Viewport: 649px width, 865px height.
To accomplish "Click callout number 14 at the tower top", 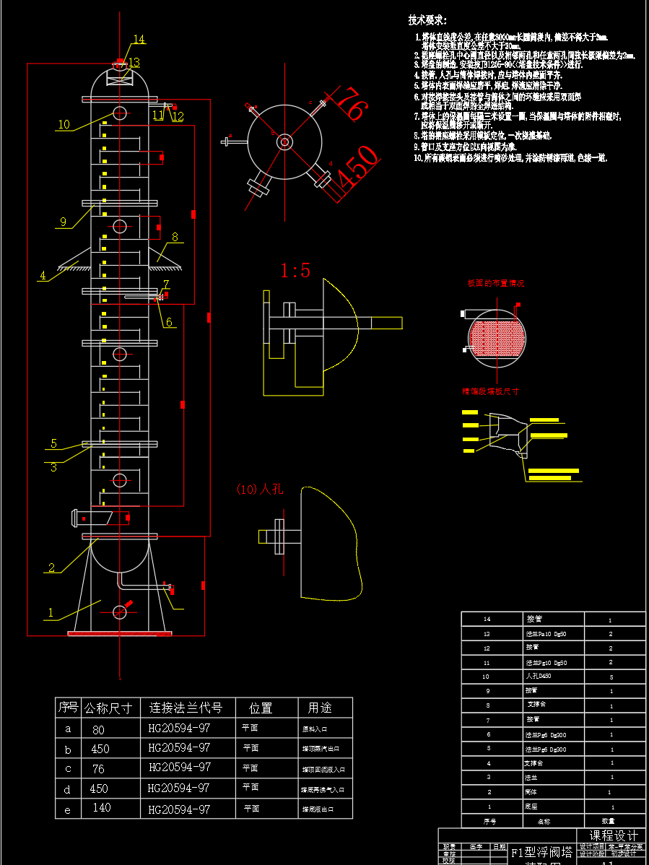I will click(139, 39).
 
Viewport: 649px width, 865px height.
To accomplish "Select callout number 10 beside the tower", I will click(64, 124).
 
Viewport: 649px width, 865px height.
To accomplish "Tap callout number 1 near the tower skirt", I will click(51, 612).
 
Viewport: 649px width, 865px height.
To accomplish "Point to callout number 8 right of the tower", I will click(175, 236).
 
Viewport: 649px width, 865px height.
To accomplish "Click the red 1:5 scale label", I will click(295, 271).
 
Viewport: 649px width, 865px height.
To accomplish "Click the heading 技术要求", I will click(427, 20).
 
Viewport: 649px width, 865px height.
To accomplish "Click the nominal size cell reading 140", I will click(102, 808).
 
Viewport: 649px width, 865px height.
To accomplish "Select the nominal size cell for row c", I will click(98, 769).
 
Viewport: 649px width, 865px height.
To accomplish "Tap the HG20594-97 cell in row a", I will click(179, 729).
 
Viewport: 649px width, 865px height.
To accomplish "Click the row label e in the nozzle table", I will click(68, 809).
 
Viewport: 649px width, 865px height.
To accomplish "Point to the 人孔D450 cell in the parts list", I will click(538, 677).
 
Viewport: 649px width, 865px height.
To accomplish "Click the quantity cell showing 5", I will click(611, 677).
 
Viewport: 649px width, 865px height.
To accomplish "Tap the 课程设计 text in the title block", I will click(614, 835).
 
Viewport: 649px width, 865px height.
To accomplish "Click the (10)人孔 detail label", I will click(260, 489).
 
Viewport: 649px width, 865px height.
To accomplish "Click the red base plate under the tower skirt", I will click(120, 634).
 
